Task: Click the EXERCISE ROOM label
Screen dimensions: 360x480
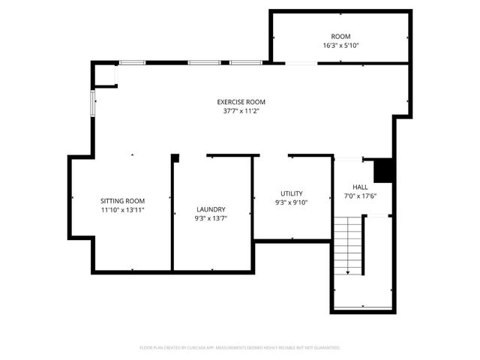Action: point(241,102)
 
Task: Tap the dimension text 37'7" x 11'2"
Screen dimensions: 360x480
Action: point(241,111)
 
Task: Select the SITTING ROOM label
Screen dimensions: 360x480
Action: point(123,201)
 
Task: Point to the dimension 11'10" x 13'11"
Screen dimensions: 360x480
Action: point(123,210)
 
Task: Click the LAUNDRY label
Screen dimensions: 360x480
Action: point(211,209)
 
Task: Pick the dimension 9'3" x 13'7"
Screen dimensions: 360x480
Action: point(211,218)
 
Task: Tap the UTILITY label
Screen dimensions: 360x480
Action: point(292,193)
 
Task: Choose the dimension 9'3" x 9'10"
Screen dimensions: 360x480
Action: point(292,202)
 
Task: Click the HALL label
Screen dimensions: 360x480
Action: point(360,187)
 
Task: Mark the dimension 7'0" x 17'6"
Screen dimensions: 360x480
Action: point(360,196)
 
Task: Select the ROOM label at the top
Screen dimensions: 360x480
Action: point(340,36)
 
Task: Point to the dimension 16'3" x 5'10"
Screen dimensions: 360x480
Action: point(340,45)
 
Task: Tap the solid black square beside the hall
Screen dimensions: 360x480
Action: point(383,170)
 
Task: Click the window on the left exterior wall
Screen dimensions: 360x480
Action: point(94,103)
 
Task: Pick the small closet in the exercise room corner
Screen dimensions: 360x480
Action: point(106,76)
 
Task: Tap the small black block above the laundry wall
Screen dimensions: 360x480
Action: point(175,157)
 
